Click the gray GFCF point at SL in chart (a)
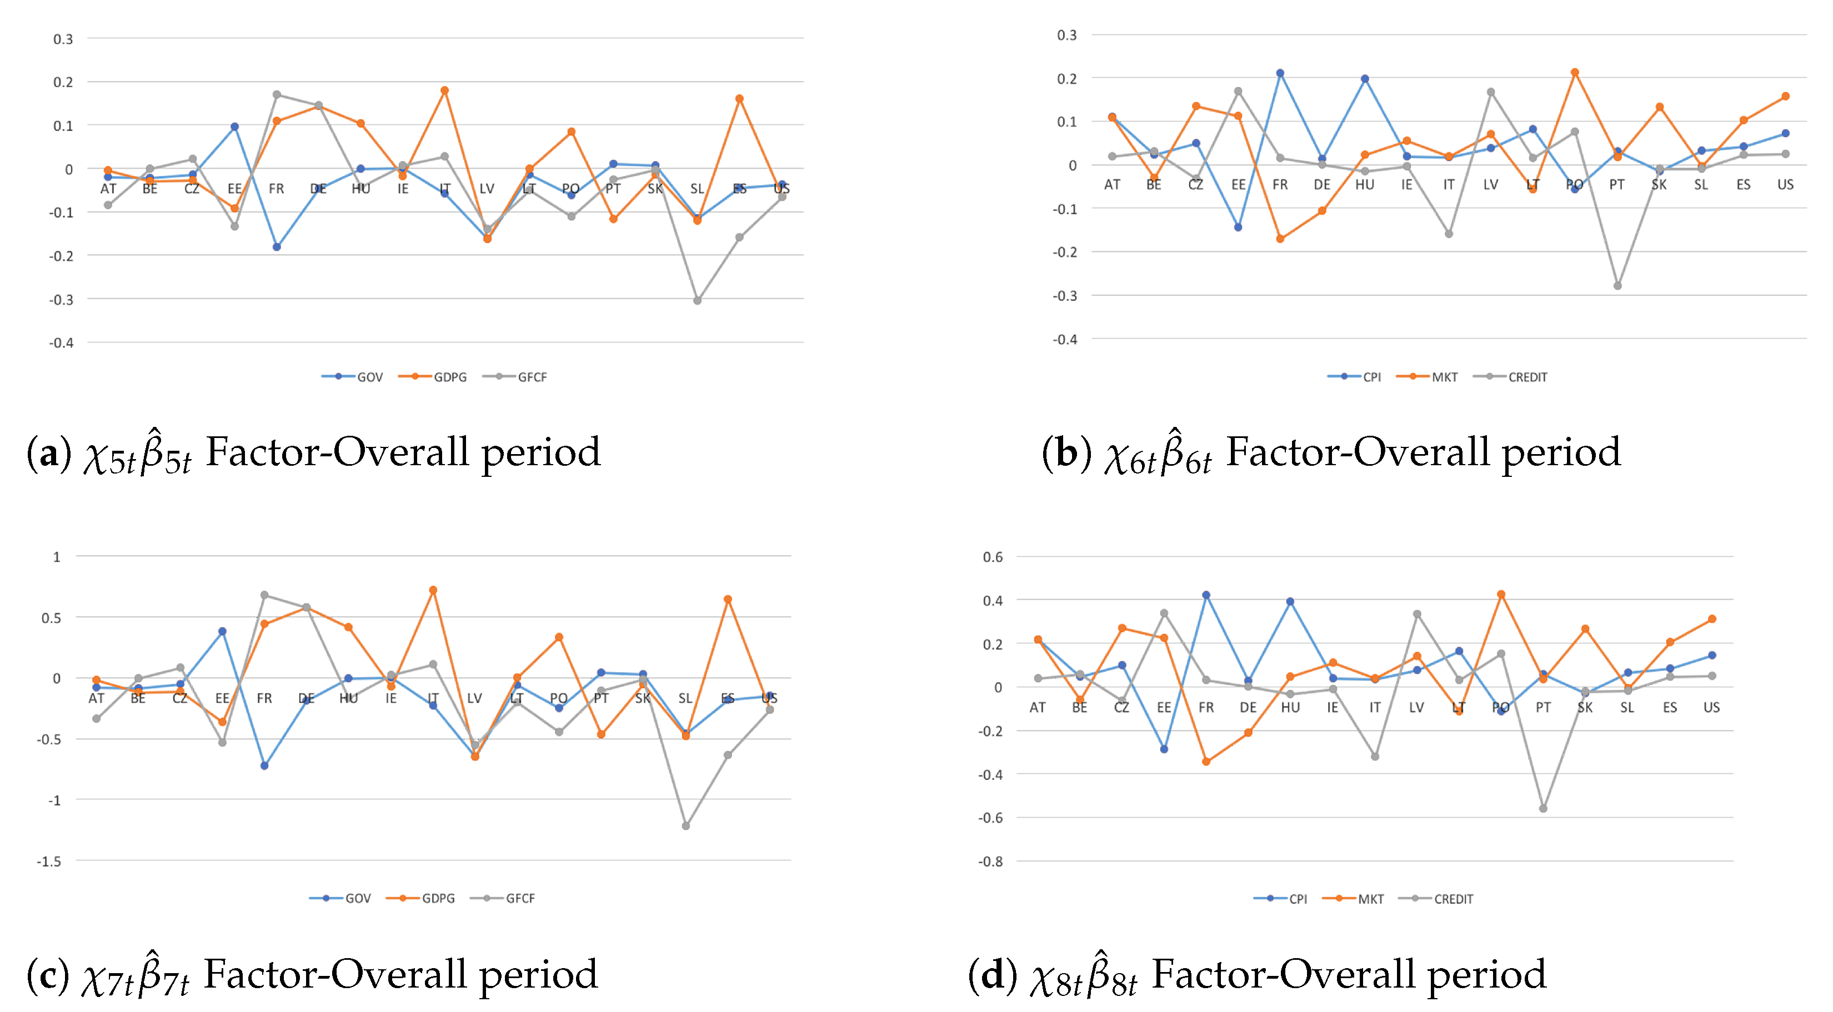pos(697,301)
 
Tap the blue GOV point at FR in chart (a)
pos(277,247)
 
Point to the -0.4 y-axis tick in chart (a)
pos(61,343)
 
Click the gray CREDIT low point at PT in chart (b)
pos(1617,285)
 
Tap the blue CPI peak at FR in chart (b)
pos(1280,73)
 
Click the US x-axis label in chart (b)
pos(1785,185)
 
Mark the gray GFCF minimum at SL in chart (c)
pos(686,825)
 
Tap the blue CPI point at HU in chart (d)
pos(1290,601)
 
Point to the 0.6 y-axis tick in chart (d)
pos(993,557)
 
